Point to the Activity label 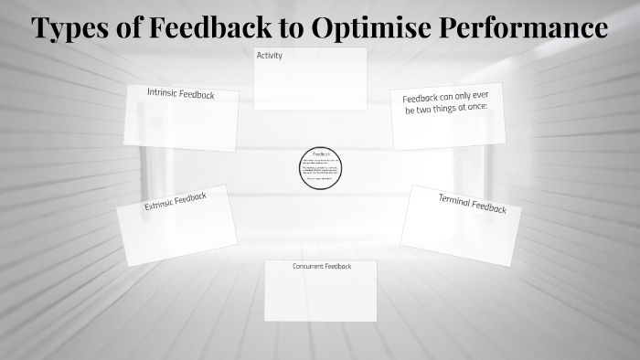pyautogui.click(x=270, y=56)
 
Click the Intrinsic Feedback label pyautogui.click(x=181, y=93)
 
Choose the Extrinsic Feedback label pyautogui.click(x=176, y=201)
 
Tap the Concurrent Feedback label pyautogui.click(x=322, y=266)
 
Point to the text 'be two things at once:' pyautogui.click(x=446, y=109)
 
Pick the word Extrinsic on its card pyautogui.click(x=160, y=205)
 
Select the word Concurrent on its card pyautogui.click(x=309, y=266)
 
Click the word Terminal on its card pyautogui.click(x=455, y=200)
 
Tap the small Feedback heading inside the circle pyautogui.click(x=320, y=154)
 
